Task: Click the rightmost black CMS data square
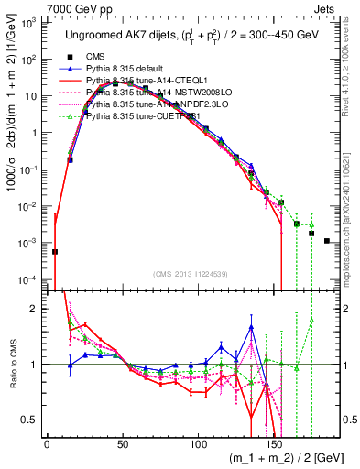327,241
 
